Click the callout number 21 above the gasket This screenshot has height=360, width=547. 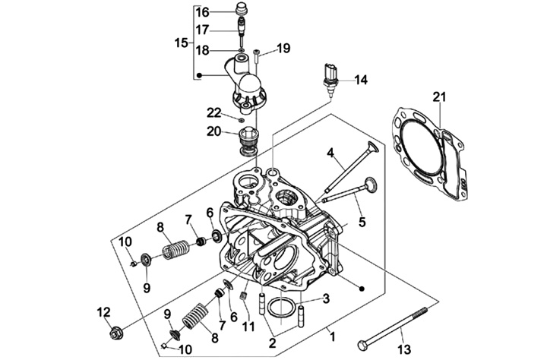[439, 96]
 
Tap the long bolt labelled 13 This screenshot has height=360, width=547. [394, 327]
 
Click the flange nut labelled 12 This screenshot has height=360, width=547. [115, 333]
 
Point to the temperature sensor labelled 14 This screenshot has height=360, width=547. [330, 78]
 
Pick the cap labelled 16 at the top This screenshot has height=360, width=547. [242, 8]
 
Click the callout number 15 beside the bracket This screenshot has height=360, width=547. [181, 43]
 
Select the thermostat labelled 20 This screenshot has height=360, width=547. [248, 141]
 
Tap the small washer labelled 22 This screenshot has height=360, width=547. [241, 120]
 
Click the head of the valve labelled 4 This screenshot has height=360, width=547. [372, 147]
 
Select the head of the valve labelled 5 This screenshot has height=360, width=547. [371, 184]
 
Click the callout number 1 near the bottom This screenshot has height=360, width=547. [332, 337]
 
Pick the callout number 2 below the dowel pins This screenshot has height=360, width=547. [273, 343]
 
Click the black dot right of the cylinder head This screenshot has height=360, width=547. [362, 289]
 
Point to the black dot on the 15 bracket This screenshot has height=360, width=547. [199, 75]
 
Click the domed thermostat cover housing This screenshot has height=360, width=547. [249, 87]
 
